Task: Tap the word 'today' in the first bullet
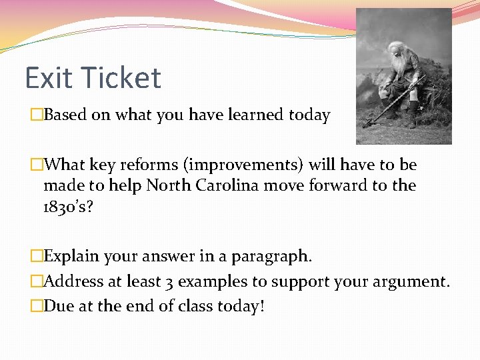point(309,115)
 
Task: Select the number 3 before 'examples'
point(169,281)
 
